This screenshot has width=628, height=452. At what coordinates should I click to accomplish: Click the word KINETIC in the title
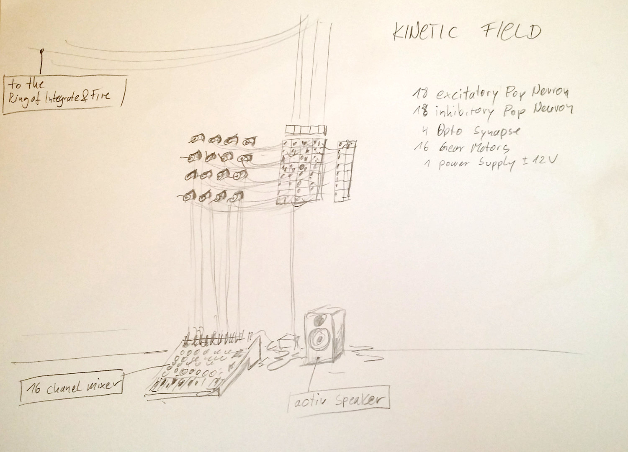pos(425,32)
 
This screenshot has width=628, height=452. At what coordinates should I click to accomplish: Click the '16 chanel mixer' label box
pos(72,387)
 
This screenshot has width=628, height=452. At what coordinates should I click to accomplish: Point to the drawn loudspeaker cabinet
pos(324,335)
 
